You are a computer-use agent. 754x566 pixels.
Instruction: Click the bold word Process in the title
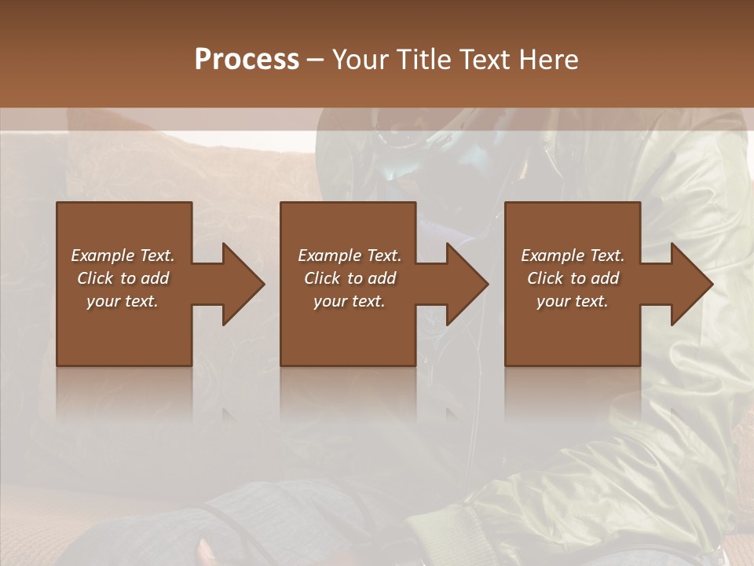[x=247, y=60]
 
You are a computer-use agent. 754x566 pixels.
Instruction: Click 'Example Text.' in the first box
[x=123, y=255]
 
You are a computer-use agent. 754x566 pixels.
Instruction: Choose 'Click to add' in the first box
[x=123, y=278]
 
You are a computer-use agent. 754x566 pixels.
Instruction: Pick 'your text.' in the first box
[x=123, y=301]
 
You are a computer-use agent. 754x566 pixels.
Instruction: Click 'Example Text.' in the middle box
[x=349, y=255]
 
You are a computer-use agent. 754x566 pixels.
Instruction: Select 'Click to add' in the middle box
[x=349, y=278]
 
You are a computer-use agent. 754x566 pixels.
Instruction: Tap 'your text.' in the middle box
[x=349, y=301]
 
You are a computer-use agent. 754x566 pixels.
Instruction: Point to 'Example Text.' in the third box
[x=572, y=255]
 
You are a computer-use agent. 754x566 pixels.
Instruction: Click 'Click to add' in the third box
[x=572, y=278]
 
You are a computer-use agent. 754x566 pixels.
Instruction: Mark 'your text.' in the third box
[x=572, y=301]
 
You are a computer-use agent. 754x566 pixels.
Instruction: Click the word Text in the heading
[x=487, y=60]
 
